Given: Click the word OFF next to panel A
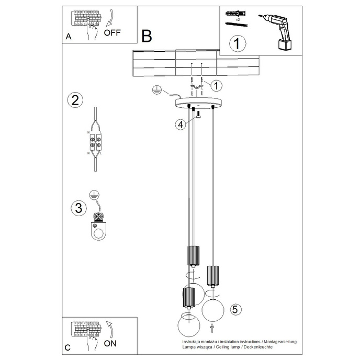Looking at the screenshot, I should [113, 32].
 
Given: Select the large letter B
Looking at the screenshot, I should [147, 36].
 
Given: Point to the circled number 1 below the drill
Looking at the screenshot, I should [238, 43].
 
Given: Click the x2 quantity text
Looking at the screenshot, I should [238, 19].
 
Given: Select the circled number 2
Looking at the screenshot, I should [75, 100].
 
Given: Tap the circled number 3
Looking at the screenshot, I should [78, 208].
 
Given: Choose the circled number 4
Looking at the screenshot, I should [180, 124].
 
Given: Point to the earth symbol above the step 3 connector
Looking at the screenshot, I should [94, 195].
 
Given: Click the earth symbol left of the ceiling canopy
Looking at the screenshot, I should [155, 90].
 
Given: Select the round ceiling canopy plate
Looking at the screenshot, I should [199, 103].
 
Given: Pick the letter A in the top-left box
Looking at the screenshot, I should [69, 37].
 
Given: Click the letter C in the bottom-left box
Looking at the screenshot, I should [68, 347].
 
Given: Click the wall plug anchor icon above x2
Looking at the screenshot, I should [234, 13].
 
